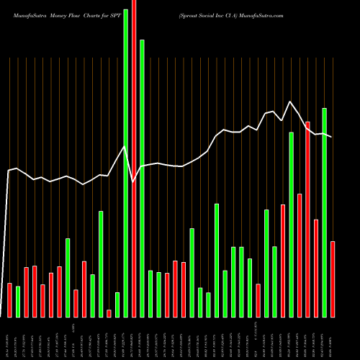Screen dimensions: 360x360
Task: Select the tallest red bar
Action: click(x=134, y=158)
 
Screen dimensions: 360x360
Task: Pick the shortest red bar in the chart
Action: click(x=109, y=313)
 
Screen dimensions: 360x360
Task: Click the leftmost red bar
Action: click(x=9, y=300)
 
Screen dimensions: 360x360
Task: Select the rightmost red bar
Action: click(x=333, y=279)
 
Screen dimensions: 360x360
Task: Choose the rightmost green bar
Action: click(x=324, y=212)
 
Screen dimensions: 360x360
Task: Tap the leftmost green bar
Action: click(x=18, y=302)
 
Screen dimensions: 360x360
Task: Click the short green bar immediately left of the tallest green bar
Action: click(x=117, y=305)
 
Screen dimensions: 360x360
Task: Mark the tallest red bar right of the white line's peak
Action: click(x=307, y=219)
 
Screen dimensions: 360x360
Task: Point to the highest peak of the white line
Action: click(x=290, y=102)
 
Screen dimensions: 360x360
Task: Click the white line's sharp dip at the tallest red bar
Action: click(x=134, y=181)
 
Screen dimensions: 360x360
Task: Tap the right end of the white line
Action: click(x=331, y=137)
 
